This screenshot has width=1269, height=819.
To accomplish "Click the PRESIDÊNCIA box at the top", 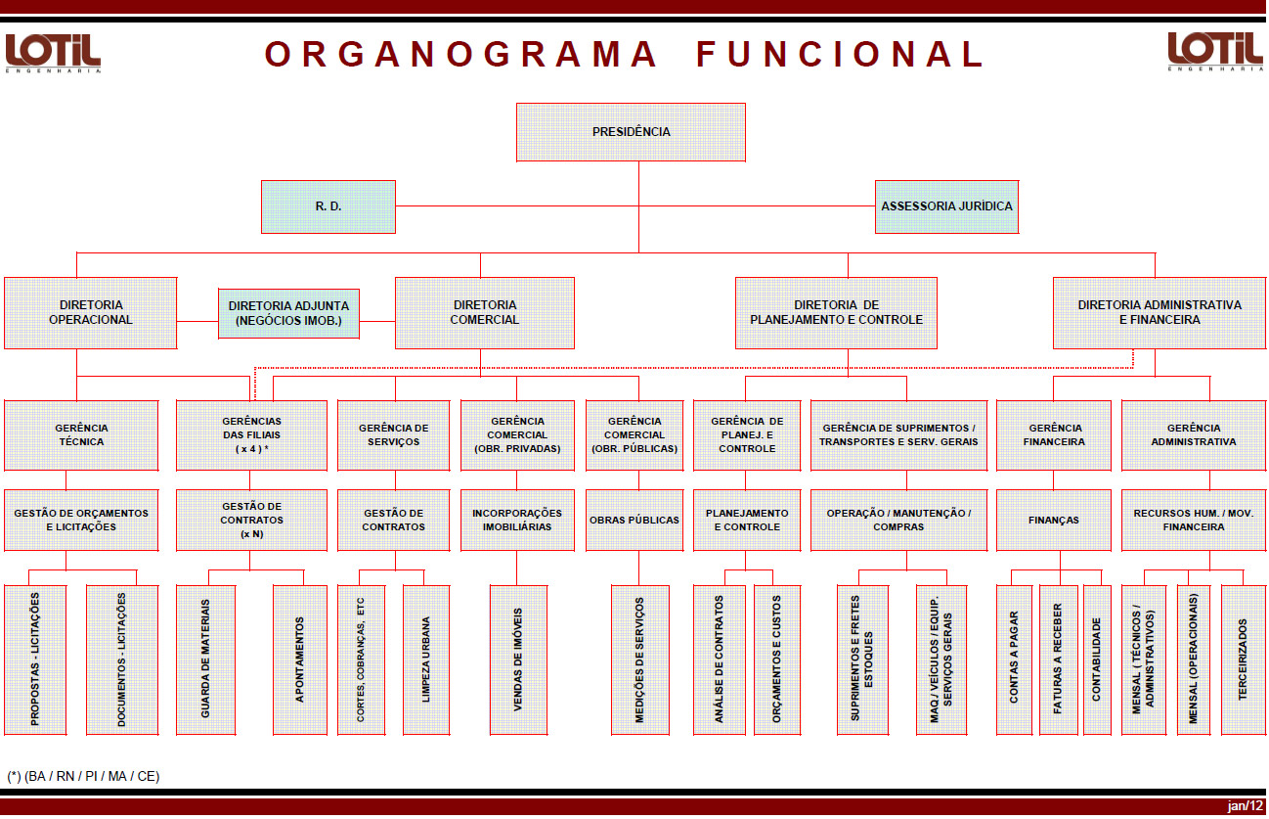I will (x=631, y=132).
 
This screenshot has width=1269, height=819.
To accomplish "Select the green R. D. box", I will (x=328, y=206).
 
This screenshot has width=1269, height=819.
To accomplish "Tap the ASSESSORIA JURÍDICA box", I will (x=946, y=206).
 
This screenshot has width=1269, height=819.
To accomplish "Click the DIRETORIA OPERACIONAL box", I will (x=90, y=312).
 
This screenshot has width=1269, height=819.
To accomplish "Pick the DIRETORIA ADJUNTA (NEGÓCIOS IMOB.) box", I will (x=288, y=313).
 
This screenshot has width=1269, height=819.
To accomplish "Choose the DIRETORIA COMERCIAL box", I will (x=485, y=312).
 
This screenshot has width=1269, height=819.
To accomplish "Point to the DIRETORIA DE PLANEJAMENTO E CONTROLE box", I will (x=836, y=312).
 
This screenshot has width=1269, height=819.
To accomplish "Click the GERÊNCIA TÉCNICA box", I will (x=81, y=434).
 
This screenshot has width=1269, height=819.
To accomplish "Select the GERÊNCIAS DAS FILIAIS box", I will (x=251, y=434).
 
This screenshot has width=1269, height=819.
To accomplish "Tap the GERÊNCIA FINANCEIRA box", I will (x=1053, y=434).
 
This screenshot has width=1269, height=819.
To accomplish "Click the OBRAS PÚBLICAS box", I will (x=634, y=520).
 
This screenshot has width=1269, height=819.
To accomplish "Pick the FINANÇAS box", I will (x=1053, y=520).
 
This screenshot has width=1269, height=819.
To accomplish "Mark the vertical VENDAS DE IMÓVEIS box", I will (x=518, y=660).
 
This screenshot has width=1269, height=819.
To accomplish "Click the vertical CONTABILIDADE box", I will (x=1097, y=660).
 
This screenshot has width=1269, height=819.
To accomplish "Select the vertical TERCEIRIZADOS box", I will (x=1242, y=660).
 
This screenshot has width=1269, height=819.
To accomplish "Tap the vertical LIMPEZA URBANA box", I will (x=426, y=660).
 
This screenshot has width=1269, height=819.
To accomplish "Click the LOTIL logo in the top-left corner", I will (x=53, y=52).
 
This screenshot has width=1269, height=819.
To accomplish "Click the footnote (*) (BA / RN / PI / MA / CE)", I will (x=83, y=776).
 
